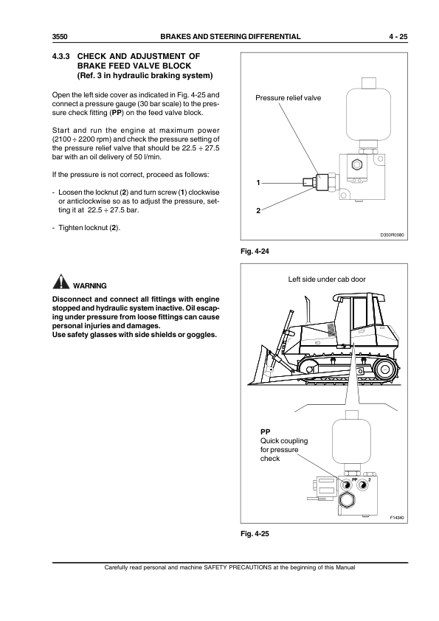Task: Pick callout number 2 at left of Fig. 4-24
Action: point(257,210)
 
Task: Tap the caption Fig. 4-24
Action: point(251,253)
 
